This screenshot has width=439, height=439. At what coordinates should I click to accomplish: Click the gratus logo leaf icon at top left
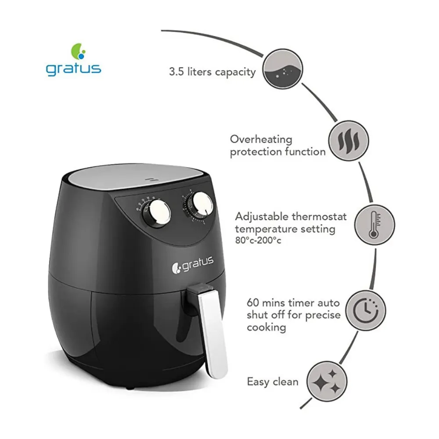78,51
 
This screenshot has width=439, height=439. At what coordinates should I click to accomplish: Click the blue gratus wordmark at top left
73,69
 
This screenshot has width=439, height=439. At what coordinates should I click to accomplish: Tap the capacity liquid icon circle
283,69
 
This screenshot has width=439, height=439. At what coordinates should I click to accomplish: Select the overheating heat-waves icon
348,140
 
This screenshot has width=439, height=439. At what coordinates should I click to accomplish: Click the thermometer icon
374,225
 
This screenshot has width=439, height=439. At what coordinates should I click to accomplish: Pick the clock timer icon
366,310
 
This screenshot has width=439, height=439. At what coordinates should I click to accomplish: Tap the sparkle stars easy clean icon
327,381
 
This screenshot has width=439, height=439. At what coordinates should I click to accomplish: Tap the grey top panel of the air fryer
138,178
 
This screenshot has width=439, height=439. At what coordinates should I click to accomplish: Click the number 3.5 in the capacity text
176,72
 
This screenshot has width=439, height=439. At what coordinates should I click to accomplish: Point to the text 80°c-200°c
258,241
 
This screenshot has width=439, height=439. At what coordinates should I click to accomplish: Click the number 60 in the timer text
253,302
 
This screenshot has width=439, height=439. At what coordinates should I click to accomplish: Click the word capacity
235,72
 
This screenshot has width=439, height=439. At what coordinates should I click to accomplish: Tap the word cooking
266,327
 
